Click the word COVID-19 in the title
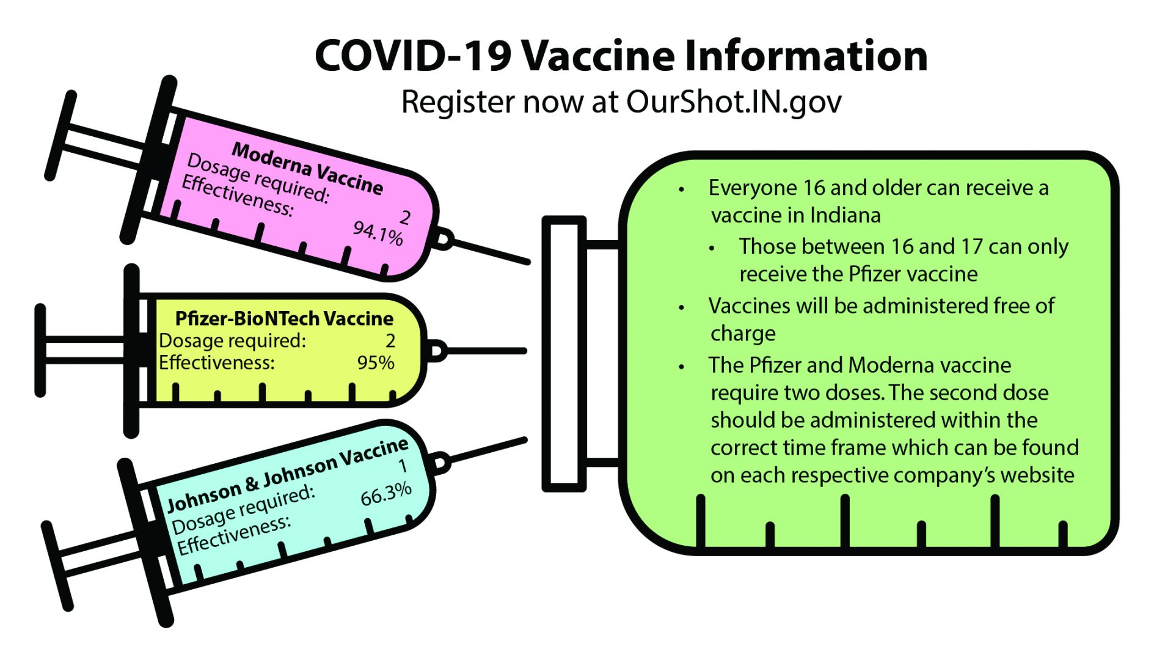pyautogui.click(x=412, y=56)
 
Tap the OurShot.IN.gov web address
pyautogui.click(x=734, y=101)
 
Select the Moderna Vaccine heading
pyautogui.click(x=307, y=168)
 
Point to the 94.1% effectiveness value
pyautogui.click(x=378, y=233)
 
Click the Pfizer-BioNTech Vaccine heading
pyautogui.click(x=284, y=318)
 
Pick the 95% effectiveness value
pyautogui.click(x=376, y=362)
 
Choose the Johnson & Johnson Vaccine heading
pyautogui.click(x=288, y=475)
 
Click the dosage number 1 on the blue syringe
pyautogui.click(x=403, y=466)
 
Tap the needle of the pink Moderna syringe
pyautogui.click(x=492, y=251)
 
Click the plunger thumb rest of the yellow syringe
pyautogui.click(x=40, y=350)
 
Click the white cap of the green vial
pyautogui.click(x=564, y=354)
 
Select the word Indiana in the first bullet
pyautogui.click(x=845, y=215)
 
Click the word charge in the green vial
pyautogui.click(x=743, y=334)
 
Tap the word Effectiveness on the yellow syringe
pyautogui.click(x=217, y=362)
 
